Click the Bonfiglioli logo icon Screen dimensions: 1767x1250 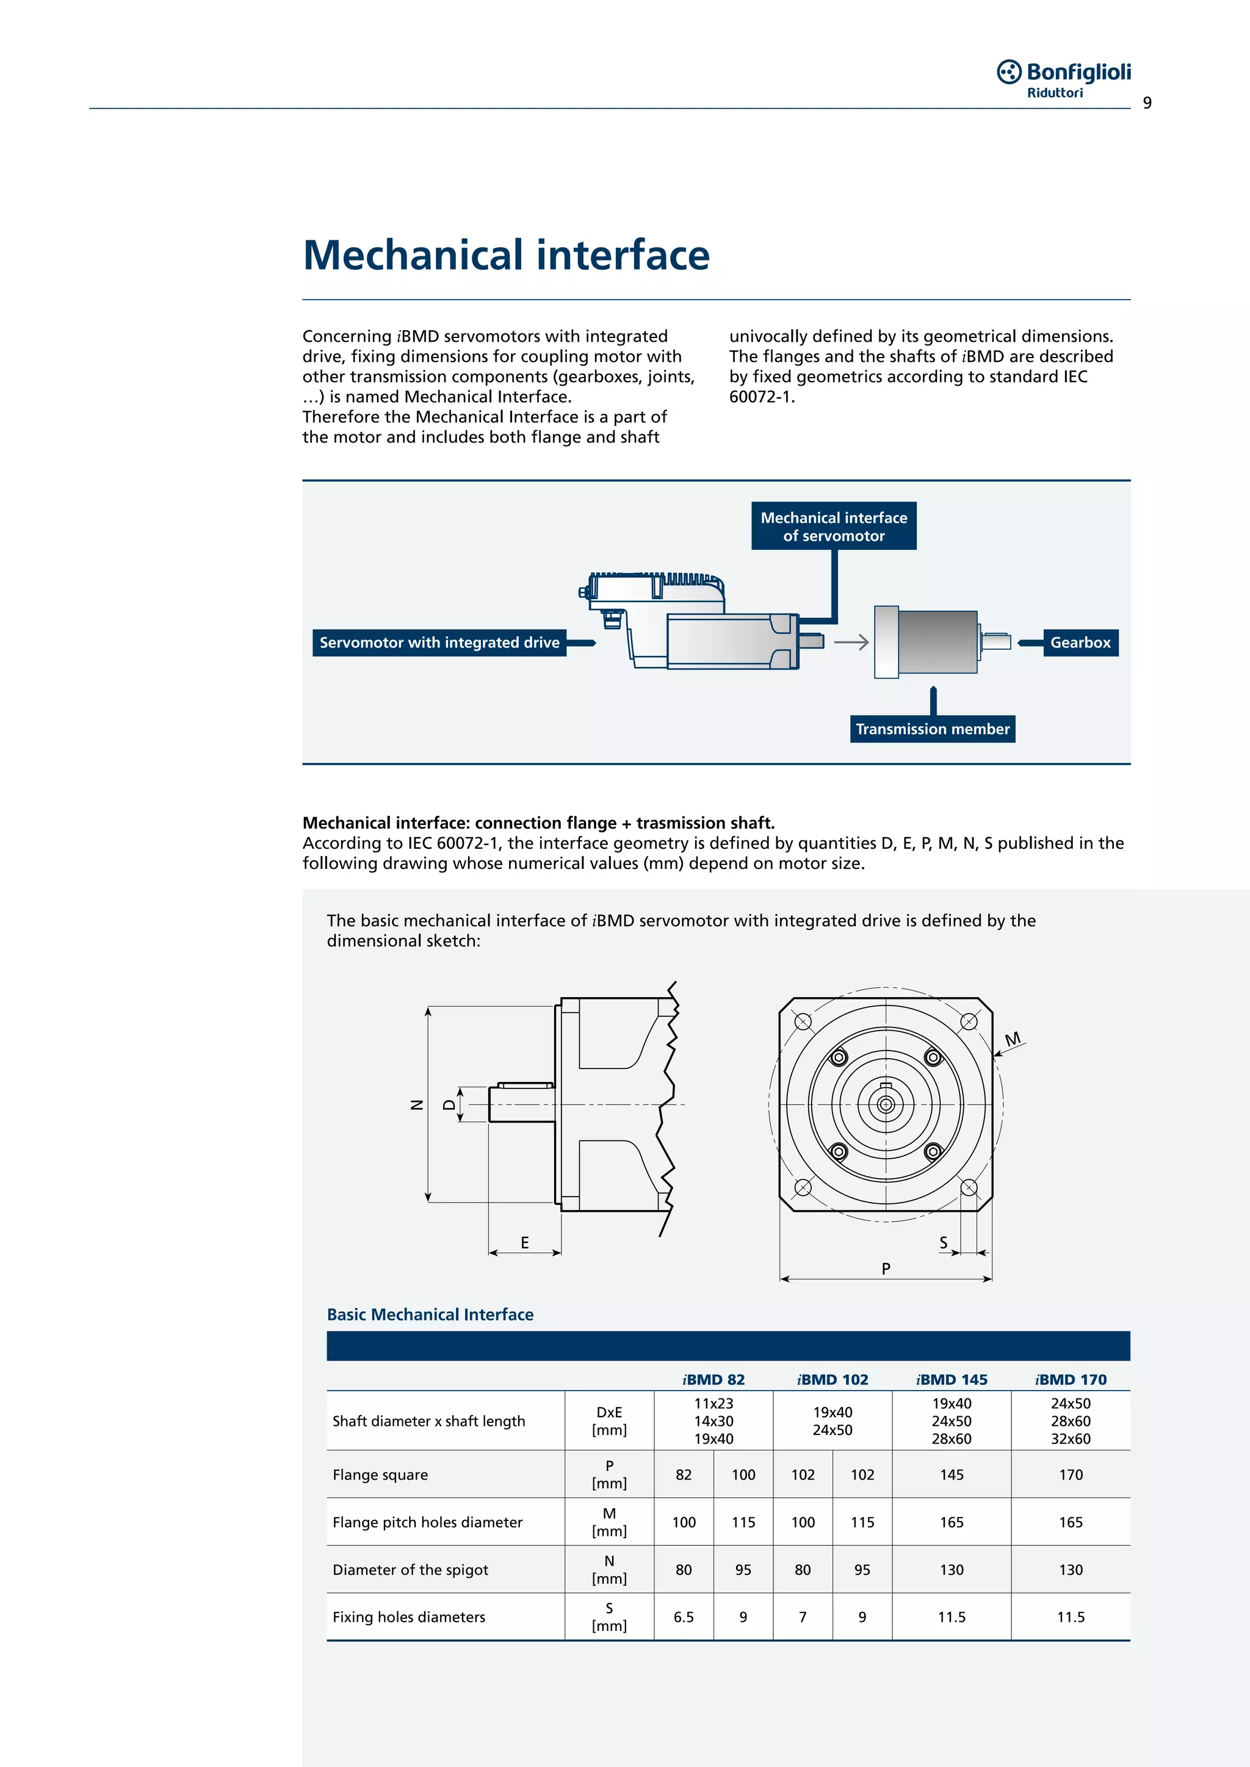[x=1009, y=71]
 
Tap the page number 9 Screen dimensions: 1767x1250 [x=1147, y=103]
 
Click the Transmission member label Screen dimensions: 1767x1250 [x=932, y=729]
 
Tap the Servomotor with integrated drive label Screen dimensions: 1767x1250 [x=439, y=642]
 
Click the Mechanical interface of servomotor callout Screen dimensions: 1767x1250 [x=834, y=527]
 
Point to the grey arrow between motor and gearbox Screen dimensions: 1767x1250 [x=851, y=642]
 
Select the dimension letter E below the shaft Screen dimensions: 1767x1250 [x=525, y=1242]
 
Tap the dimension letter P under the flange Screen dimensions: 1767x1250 [x=886, y=1269]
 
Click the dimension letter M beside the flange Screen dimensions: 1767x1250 [x=1013, y=1039]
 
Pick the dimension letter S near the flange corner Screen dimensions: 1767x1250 [x=943, y=1242]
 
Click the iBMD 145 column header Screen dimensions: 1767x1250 [x=952, y=1379]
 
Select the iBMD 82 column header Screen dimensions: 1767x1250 [x=714, y=1379]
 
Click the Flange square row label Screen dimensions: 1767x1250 [x=380, y=1475]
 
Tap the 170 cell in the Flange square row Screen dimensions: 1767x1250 [x=1071, y=1475]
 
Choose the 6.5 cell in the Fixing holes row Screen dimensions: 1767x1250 [x=684, y=1617]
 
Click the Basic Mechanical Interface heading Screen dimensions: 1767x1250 [x=430, y=1314]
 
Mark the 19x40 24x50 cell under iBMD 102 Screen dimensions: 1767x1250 [x=832, y=1420]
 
